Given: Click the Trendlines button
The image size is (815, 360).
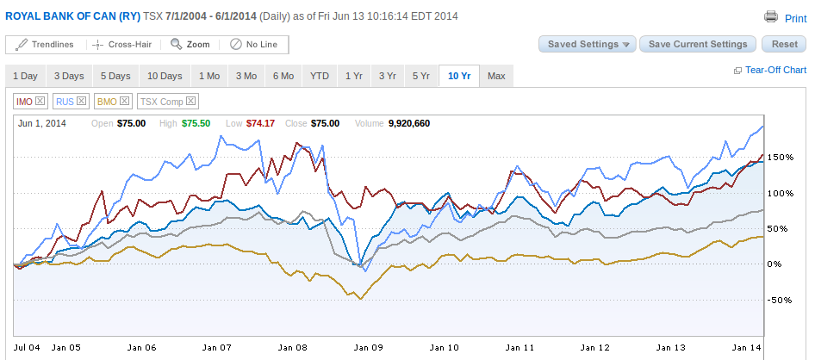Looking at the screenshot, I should (x=45, y=45).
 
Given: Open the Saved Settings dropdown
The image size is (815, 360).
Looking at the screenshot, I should (x=587, y=44).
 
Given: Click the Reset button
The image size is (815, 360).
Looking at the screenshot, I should (x=784, y=44).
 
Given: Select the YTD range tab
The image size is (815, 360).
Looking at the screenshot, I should (x=320, y=76).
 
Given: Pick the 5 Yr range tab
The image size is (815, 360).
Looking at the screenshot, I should (x=420, y=76).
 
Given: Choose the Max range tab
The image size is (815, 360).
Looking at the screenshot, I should (x=495, y=76).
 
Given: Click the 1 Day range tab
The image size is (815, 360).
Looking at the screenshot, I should (x=25, y=76).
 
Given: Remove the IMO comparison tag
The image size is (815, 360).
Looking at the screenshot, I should (x=40, y=102).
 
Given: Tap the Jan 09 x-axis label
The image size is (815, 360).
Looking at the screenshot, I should (x=369, y=348).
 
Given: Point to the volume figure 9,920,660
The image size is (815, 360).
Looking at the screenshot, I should (x=409, y=123).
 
